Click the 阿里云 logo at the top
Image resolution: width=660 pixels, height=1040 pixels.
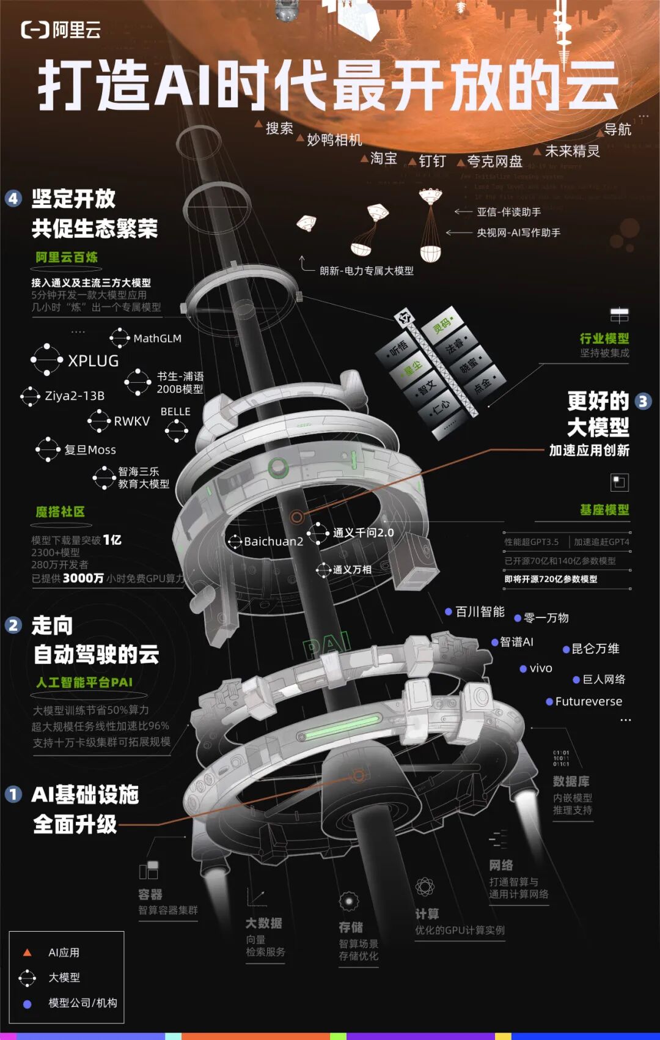click(x=61, y=29)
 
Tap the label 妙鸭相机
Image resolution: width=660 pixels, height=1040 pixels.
click(x=334, y=140)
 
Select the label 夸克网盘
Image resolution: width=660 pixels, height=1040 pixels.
click(x=494, y=161)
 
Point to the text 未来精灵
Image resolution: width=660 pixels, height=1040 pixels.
click(x=572, y=151)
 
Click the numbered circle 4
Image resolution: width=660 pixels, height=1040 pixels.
click(x=13, y=199)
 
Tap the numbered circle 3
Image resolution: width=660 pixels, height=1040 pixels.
click(x=643, y=401)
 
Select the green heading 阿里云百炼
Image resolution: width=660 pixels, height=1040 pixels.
click(x=66, y=257)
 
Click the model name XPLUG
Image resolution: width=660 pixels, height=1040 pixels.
click(x=93, y=361)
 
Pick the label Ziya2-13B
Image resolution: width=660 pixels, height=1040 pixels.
click(x=75, y=396)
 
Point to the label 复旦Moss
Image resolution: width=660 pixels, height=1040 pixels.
click(x=90, y=450)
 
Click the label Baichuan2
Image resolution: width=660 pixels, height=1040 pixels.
click(x=273, y=542)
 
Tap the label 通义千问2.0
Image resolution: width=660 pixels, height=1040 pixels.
click(x=363, y=533)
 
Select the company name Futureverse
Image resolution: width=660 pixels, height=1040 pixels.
click(x=588, y=702)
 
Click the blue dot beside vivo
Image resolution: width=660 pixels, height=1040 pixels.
click(x=523, y=669)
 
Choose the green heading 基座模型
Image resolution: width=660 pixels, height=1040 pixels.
click(x=604, y=510)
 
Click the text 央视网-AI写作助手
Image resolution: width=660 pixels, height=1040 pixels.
click(x=518, y=233)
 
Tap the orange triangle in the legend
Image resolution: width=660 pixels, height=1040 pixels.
click(x=27, y=953)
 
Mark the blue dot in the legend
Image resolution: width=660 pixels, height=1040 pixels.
click(x=27, y=1004)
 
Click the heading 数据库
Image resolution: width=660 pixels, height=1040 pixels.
click(x=571, y=781)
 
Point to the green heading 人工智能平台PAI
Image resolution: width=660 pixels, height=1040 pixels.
click(x=84, y=682)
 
